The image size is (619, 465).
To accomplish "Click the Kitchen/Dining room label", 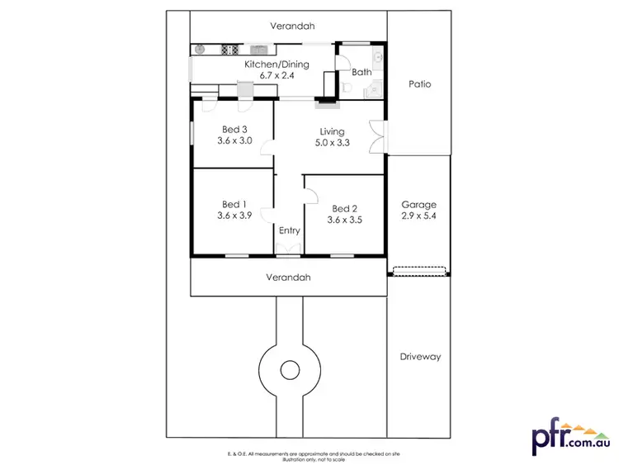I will pos(277,64).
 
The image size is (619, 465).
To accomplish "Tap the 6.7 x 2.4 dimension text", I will pos(277,75).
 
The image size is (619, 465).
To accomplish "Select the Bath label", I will pos(361,73).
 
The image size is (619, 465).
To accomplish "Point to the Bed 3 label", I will pos(234,129).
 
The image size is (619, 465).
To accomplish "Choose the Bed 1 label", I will pos(234,204).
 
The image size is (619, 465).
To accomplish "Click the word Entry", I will pos(289,230).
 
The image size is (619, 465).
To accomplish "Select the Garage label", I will pos(418,204).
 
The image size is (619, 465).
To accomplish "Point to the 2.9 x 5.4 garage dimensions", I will pos(418,216).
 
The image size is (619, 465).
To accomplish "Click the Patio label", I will pos(419,84).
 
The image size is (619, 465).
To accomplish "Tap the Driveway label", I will pos(420,357).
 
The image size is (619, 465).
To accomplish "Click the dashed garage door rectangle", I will pos(419,270).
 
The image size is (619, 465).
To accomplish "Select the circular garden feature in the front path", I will pos(290,369).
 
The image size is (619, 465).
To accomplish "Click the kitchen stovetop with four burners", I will pos(229,50).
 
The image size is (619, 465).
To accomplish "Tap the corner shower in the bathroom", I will pos(376,88).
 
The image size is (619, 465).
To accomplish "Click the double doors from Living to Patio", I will pos(378,135).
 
